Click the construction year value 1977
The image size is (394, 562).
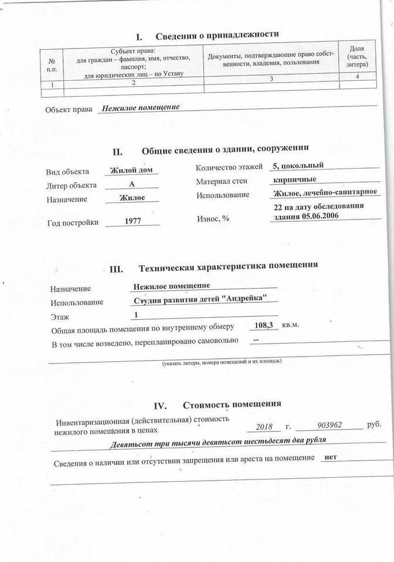coord(134,221)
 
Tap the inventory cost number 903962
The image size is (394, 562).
coord(330,426)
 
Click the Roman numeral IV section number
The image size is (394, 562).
coord(161,406)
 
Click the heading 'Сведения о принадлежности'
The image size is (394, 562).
coord(216,35)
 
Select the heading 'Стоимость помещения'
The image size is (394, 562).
coord(232,404)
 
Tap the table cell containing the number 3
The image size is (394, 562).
coord(271,84)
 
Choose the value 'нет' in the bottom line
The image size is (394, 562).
coord(330,457)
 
